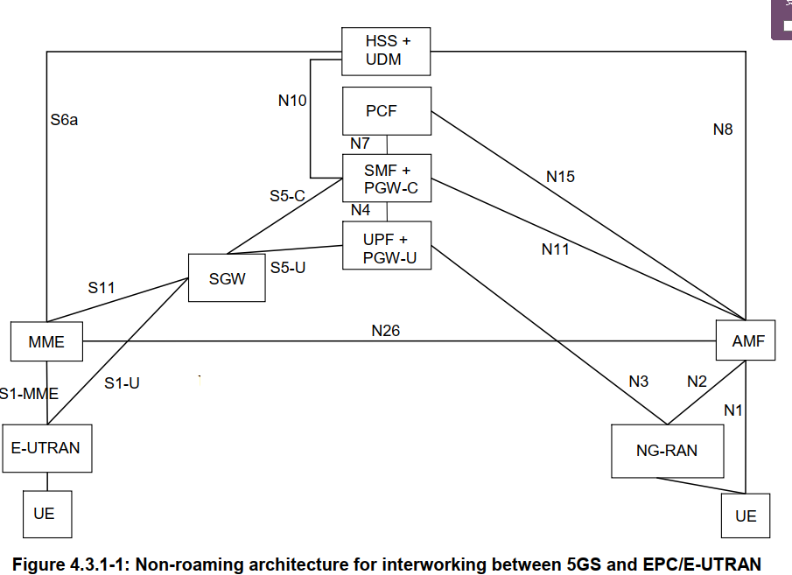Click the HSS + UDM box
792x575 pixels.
tap(386, 51)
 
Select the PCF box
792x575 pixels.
tap(386, 111)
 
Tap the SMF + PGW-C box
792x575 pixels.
tap(386, 178)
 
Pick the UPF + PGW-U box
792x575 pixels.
tap(386, 245)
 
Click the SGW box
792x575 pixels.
tap(227, 278)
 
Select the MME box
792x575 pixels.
tap(46, 341)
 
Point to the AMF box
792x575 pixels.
tap(746, 341)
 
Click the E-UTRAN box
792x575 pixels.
tap(46, 448)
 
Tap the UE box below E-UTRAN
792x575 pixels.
tap(46, 513)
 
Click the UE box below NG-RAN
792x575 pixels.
tap(746, 515)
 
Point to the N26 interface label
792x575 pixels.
tap(386, 331)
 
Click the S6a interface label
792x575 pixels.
tap(64, 120)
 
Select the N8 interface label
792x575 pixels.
tap(723, 130)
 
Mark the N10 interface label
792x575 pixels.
tap(292, 101)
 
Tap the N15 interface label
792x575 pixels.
tap(560, 177)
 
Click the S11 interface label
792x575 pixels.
tap(101, 287)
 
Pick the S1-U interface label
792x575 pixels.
tap(122, 382)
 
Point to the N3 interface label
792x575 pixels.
tap(638, 382)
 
